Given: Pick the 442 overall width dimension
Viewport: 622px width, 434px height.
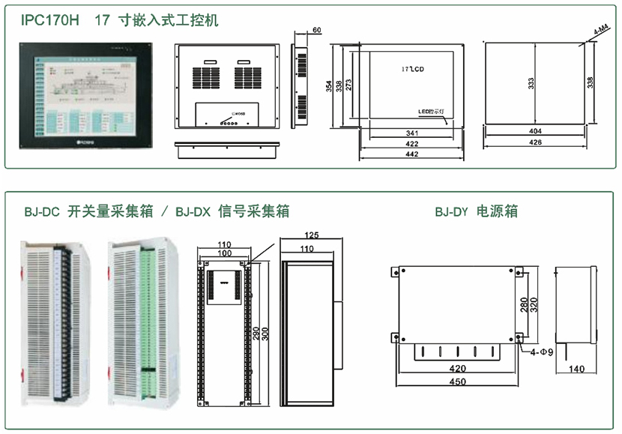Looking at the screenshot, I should point(411,154).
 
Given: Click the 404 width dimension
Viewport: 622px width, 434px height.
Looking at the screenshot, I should point(535,131).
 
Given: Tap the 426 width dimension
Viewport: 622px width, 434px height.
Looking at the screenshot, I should point(535,142).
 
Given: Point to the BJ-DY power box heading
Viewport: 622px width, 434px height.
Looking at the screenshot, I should point(476,211).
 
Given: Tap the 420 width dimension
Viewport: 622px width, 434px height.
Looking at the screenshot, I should point(457,368).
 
